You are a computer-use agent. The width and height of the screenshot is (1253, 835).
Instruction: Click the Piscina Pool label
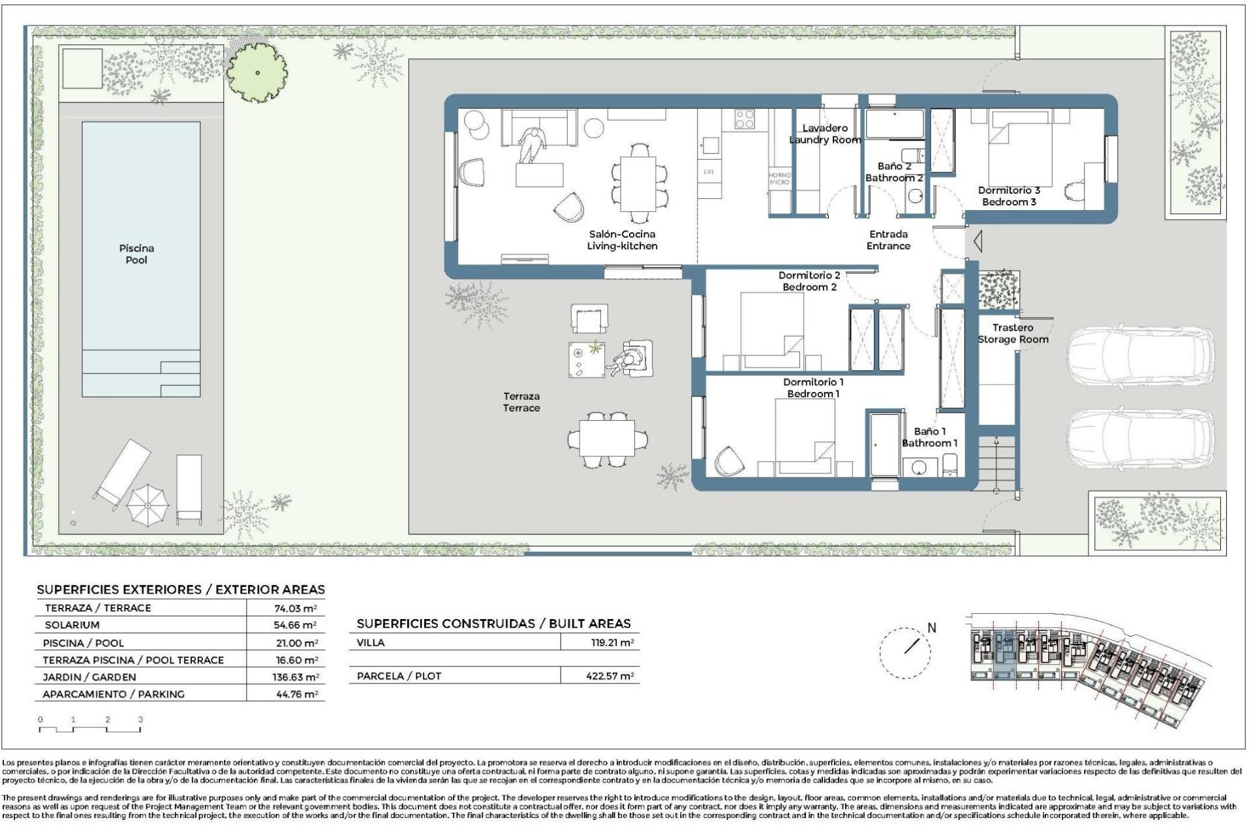pyautogui.click(x=136, y=254)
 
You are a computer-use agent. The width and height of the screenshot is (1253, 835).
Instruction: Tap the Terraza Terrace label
pyautogui.click(x=521, y=402)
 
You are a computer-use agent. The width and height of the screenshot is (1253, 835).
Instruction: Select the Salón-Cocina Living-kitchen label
pyautogui.click(x=622, y=239)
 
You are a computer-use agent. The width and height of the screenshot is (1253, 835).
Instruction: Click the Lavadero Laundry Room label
pyautogui.click(x=825, y=134)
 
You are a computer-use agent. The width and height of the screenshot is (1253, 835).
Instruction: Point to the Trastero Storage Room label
pyautogui.click(x=1013, y=333)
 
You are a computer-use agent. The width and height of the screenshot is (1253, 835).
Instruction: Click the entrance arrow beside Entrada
pyautogui.click(x=978, y=241)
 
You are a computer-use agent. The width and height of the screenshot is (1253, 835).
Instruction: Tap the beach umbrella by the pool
pyautogui.click(x=147, y=505)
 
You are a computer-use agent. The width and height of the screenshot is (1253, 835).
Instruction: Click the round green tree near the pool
pyautogui.click(x=257, y=72)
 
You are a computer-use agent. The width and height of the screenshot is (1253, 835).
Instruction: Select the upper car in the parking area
pyautogui.click(x=1140, y=357)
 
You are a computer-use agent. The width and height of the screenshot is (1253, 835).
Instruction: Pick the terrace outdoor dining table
pyautogui.click(x=607, y=438)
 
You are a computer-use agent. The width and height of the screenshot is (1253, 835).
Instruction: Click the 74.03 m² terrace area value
pyautogui.click(x=296, y=608)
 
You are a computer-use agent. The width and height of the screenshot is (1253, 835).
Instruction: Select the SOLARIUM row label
pyautogui.click(x=72, y=625)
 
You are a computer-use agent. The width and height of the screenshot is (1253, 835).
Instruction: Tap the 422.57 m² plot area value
pyautogui.click(x=610, y=676)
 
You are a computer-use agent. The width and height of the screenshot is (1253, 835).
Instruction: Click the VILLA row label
pyautogui.click(x=371, y=643)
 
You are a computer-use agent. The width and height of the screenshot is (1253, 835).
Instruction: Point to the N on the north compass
pyautogui.click(x=931, y=628)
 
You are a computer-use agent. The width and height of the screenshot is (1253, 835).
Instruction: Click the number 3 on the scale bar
pyautogui.click(x=140, y=720)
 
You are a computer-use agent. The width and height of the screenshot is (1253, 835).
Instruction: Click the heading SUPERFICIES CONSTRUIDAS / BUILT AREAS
pyautogui.click(x=493, y=624)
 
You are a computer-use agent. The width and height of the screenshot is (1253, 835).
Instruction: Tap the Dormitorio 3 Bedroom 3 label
pyautogui.click(x=1009, y=196)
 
